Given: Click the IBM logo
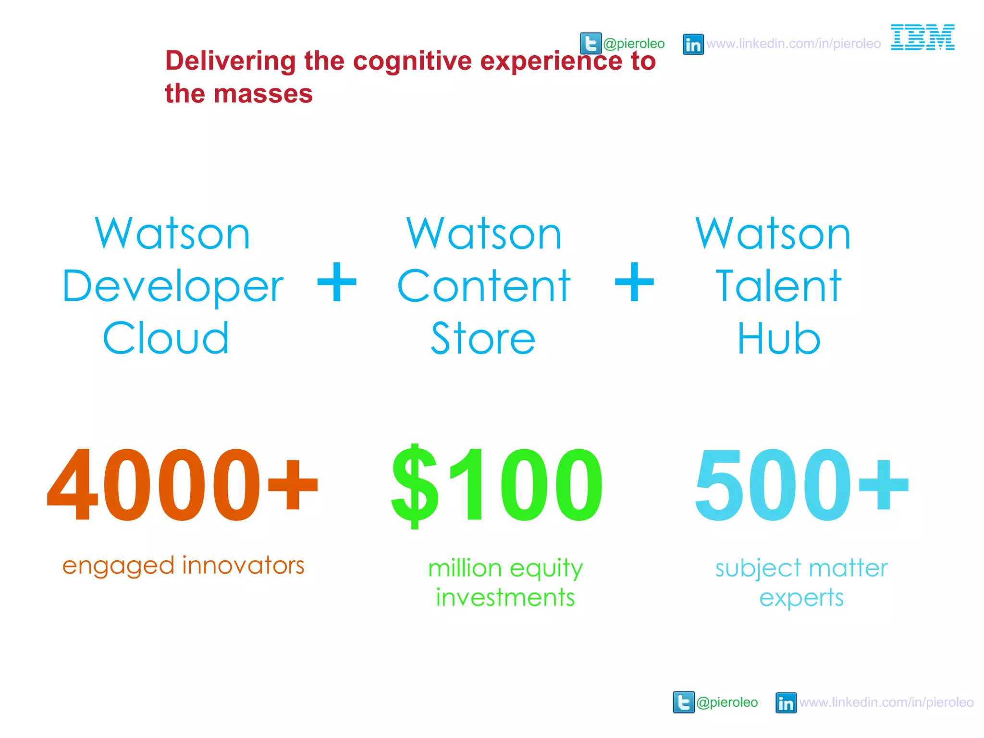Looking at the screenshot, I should (x=922, y=37).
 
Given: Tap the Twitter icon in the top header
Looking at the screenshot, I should (x=590, y=44).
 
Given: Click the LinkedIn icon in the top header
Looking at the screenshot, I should (x=693, y=44).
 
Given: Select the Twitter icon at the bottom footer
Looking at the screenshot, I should (x=683, y=702).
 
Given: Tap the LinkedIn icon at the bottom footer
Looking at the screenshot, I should (x=786, y=703).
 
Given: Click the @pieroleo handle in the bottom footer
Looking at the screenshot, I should (x=726, y=702).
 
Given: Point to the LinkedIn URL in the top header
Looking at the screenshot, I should (x=793, y=44).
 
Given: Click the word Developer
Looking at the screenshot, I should (x=173, y=287).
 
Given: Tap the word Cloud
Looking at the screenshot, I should (x=166, y=338).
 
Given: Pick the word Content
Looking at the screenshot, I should (x=483, y=286).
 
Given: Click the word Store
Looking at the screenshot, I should (x=483, y=338).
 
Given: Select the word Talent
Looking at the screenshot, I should (x=778, y=286).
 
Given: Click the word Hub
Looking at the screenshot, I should (x=778, y=338).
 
